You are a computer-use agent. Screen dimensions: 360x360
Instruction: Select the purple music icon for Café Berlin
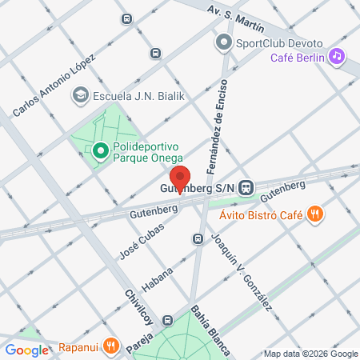(x=337, y=56)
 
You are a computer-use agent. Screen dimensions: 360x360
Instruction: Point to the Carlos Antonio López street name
(x=53, y=87)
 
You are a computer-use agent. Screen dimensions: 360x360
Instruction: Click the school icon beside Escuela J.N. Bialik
(x=79, y=96)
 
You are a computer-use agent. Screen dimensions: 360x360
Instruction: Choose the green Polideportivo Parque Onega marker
(x=100, y=150)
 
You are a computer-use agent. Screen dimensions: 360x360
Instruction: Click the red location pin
(x=181, y=179)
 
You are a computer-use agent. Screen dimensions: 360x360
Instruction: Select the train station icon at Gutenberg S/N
(x=247, y=187)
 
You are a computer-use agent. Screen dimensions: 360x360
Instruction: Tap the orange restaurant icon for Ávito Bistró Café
(x=316, y=214)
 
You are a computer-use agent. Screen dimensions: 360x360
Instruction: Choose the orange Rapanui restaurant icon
(x=113, y=347)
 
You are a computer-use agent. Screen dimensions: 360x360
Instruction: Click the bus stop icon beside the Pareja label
(x=167, y=320)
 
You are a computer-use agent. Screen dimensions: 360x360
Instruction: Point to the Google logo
(x=26, y=350)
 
